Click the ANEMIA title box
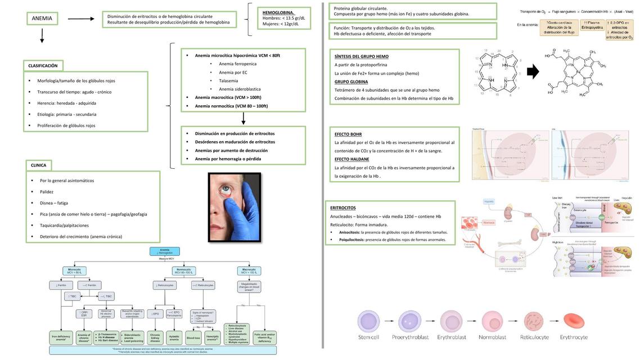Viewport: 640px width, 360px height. pyautogui.click(x=42, y=19)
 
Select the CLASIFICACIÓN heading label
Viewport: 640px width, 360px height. pyautogui.click(x=43, y=66)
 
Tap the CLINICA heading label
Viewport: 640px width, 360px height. pyautogui.click(x=38, y=165)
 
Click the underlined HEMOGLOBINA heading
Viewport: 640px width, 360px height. pyautogui.click(x=278, y=12)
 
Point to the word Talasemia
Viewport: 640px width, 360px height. pyautogui.click(x=228, y=80)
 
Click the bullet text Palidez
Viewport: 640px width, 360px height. pyautogui.click(x=47, y=192)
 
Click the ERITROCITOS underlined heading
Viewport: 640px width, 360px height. pyautogui.click(x=342, y=208)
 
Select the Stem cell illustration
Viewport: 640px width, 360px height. pyautogui.click(x=369, y=322)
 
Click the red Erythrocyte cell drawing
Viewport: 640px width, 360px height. pyautogui.click(x=574, y=322)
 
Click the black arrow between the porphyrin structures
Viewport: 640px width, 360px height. pyautogui.click(x=532, y=72)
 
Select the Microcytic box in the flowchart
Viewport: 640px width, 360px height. pyautogui.click(x=74, y=271)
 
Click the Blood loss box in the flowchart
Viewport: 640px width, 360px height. pyautogui.click(x=193, y=338)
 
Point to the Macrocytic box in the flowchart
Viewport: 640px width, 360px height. pyautogui.click(x=249, y=271)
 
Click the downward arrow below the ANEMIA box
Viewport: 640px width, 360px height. pyautogui.click(x=42, y=37)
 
